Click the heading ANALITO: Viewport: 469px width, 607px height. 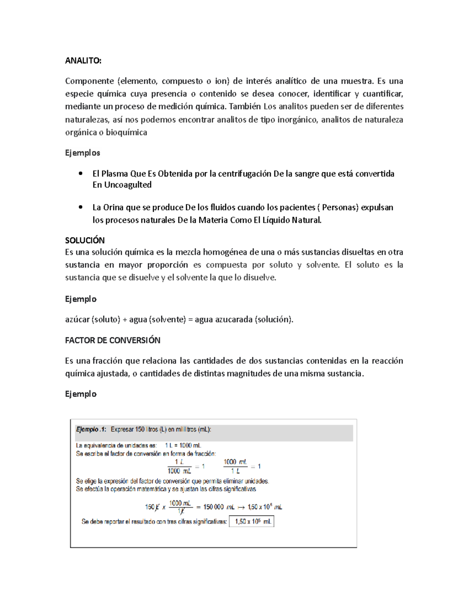pos(83,61)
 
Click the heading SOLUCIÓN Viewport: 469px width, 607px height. pos(85,240)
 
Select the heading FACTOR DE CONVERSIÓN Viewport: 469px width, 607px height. pos(113,340)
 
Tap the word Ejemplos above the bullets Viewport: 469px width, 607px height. pos(82,153)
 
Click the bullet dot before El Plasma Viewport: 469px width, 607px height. pos(81,173)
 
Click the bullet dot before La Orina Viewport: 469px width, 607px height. pos(81,207)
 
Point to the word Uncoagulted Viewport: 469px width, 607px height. pos(127,185)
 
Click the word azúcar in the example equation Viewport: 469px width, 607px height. pos(77,319)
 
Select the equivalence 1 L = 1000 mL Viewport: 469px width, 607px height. pos(183,445)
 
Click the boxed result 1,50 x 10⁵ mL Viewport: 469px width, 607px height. pos(251,521)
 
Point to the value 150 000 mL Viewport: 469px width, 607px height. pos(218,507)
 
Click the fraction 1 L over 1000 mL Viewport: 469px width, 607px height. pos(179,466)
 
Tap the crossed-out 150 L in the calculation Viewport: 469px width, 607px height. pos(152,507)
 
